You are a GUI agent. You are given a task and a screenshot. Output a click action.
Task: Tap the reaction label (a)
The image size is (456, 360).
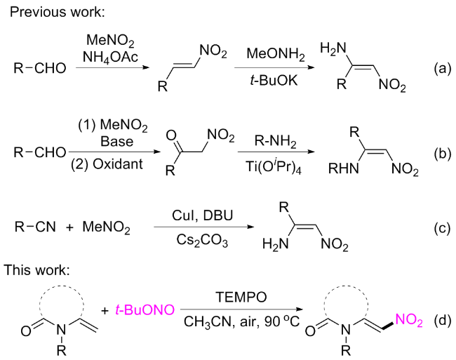(x=439, y=69)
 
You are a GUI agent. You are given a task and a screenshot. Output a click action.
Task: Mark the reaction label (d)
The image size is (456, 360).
(x=439, y=321)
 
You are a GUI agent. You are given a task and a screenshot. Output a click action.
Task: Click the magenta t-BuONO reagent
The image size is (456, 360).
(x=147, y=309)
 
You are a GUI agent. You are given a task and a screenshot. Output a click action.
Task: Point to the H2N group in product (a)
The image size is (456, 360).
(x=335, y=49)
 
